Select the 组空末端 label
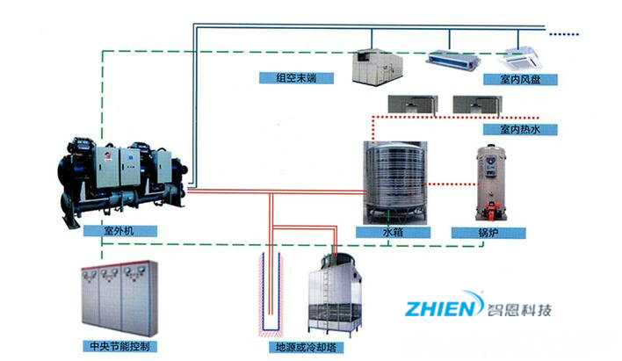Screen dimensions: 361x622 point(298,77)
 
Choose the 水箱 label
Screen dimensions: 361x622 point(394,233)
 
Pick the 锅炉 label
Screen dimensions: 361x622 point(488,233)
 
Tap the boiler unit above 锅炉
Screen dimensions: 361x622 point(489,183)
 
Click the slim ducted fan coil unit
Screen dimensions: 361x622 point(452,60)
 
